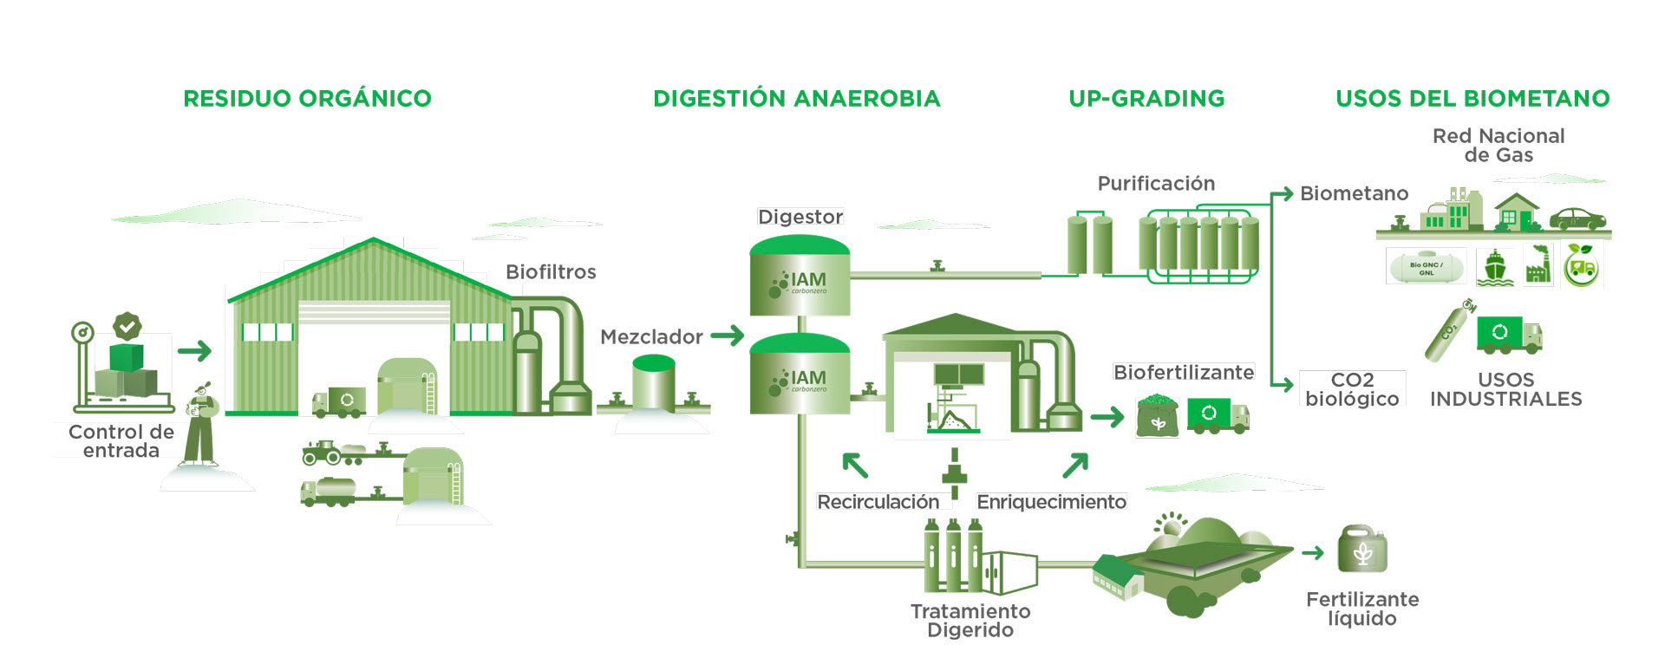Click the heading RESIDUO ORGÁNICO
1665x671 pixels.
pyautogui.click(x=307, y=99)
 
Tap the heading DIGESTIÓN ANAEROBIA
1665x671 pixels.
pyautogui.click(x=797, y=99)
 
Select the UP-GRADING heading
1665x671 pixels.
pyautogui.click(x=1146, y=99)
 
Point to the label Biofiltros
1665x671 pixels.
pyautogui.click(x=551, y=272)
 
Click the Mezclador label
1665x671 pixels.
pyautogui.click(x=651, y=337)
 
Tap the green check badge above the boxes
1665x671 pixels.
pyautogui.click(x=127, y=327)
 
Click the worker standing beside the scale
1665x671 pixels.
pyautogui.click(x=201, y=425)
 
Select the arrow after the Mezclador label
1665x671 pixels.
pyautogui.click(x=728, y=335)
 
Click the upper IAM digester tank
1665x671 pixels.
pyautogui.click(x=800, y=276)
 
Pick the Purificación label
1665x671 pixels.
pyautogui.click(x=1156, y=184)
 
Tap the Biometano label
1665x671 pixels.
pyautogui.click(x=1354, y=194)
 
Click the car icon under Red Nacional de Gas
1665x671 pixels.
pyautogui.click(x=1577, y=218)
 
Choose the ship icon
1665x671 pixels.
pyautogui.click(x=1495, y=268)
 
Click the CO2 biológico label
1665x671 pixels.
pyautogui.click(x=1352, y=389)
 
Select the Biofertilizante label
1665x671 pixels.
pyautogui.click(x=1184, y=373)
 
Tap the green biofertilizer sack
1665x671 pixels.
pyautogui.click(x=1157, y=415)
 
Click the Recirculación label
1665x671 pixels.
pyautogui.click(x=878, y=503)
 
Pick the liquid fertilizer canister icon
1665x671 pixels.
pyautogui.click(x=1362, y=550)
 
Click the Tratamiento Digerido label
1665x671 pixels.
pyautogui.click(x=970, y=621)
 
